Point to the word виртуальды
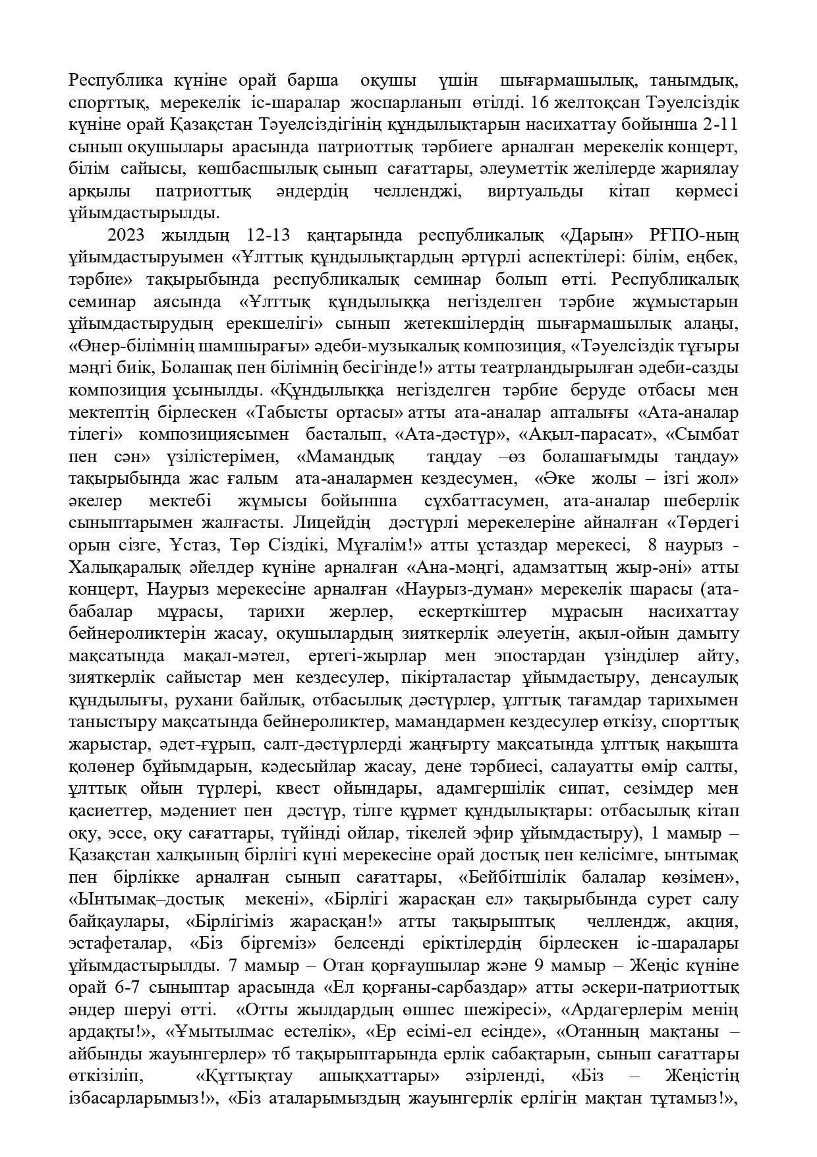535,192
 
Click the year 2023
127,236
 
